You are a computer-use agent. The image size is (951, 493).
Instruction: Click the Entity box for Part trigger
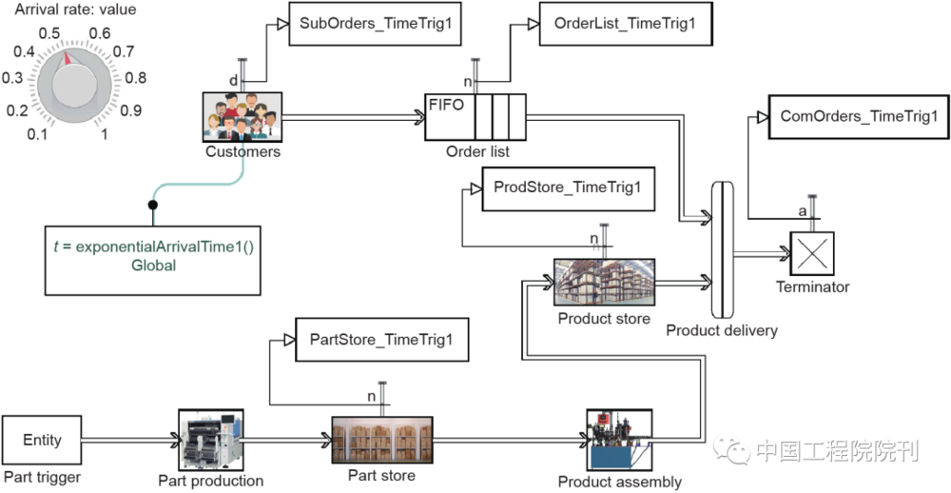[x=42, y=440]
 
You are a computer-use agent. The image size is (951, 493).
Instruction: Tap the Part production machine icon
[x=210, y=439]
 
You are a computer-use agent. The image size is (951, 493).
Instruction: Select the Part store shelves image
[x=381, y=439]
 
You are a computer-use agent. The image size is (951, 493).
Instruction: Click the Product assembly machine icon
[x=619, y=439]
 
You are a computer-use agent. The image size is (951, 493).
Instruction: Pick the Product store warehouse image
[x=604, y=282]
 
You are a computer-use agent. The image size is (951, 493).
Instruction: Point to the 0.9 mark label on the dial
[x=131, y=110]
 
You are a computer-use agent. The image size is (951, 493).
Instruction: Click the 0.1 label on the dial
[x=39, y=134]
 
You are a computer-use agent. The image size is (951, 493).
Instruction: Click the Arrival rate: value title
[x=75, y=10]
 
